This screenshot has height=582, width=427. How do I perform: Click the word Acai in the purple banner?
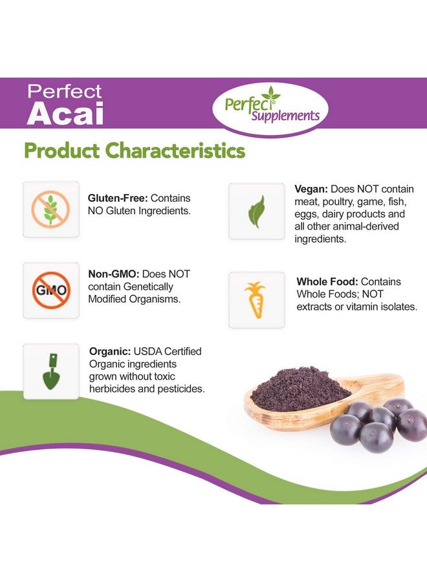click(x=65, y=113)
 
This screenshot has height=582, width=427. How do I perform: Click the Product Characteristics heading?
click(x=134, y=150)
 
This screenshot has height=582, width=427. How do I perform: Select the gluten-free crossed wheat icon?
click(x=50, y=209)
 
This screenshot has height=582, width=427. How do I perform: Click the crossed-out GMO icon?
click(x=50, y=290)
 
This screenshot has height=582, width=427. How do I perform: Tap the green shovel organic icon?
click(x=50, y=371)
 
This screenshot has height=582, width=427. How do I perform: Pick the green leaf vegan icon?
click(x=256, y=211)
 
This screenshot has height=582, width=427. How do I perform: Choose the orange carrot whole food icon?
click(x=256, y=300)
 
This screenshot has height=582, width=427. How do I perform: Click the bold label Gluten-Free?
click(x=118, y=199)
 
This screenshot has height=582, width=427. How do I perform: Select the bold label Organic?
click(x=111, y=351)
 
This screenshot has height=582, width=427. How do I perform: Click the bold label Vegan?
click(x=311, y=189)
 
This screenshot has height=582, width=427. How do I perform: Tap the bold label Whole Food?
click(x=327, y=282)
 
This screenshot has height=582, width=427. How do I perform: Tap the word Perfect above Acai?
click(x=65, y=92)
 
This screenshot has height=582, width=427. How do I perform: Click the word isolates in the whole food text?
click(x=397, y=307)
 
